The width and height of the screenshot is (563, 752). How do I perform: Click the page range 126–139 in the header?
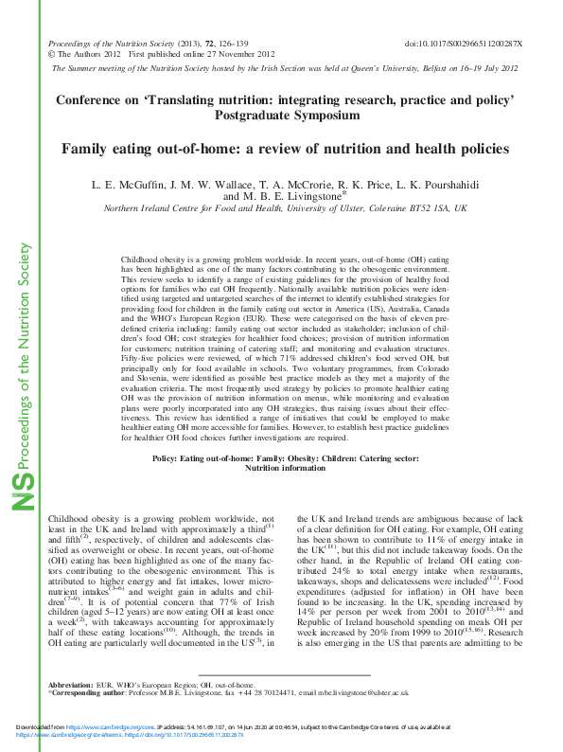click(208, 45)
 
